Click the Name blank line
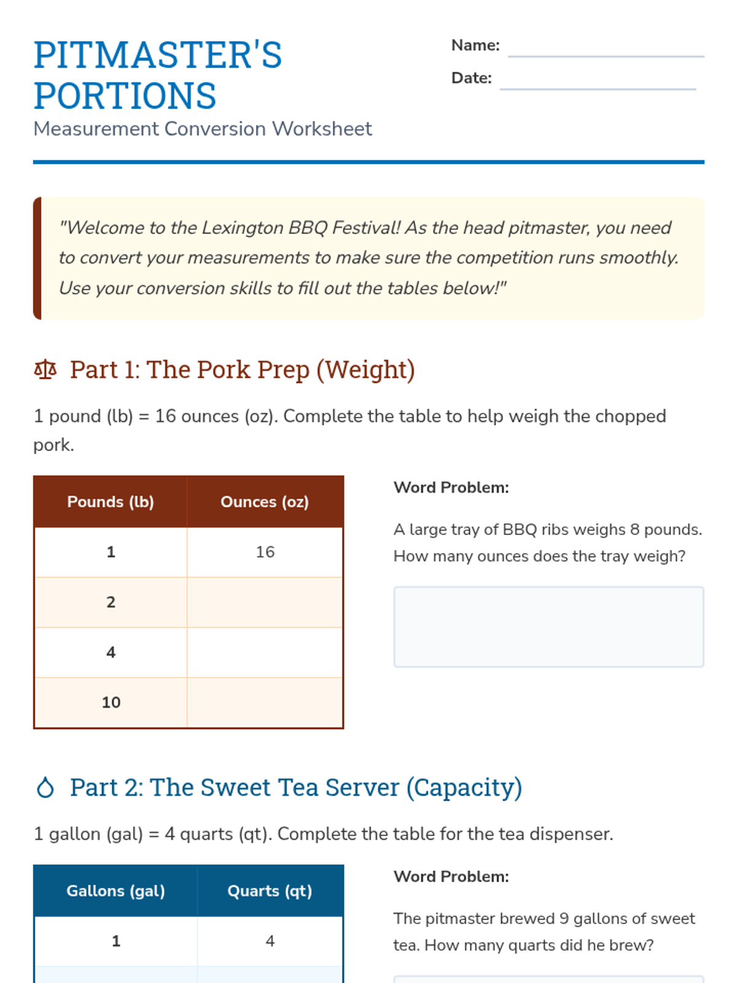pos(606,57)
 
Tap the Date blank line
pos(598,89)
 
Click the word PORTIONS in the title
pos(125,95)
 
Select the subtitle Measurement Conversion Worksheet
pos(203,129)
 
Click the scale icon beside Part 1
pos(45,370)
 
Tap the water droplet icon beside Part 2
pos(45,788)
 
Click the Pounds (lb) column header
pos(111,501)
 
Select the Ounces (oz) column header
pos(265,501)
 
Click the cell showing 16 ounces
pos(265,552)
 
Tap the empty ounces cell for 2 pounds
pos(265,602)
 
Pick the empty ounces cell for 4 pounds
pos(265,652)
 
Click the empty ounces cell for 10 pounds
pos(265,702)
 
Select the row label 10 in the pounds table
pos(111,702)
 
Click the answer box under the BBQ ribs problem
pos(548,627)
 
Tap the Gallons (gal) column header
pos(115,891)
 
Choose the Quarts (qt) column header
pos(270,891)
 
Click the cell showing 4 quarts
pos(270,941)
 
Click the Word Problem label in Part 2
pos(451,877)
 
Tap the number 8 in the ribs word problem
pos(634,530)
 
